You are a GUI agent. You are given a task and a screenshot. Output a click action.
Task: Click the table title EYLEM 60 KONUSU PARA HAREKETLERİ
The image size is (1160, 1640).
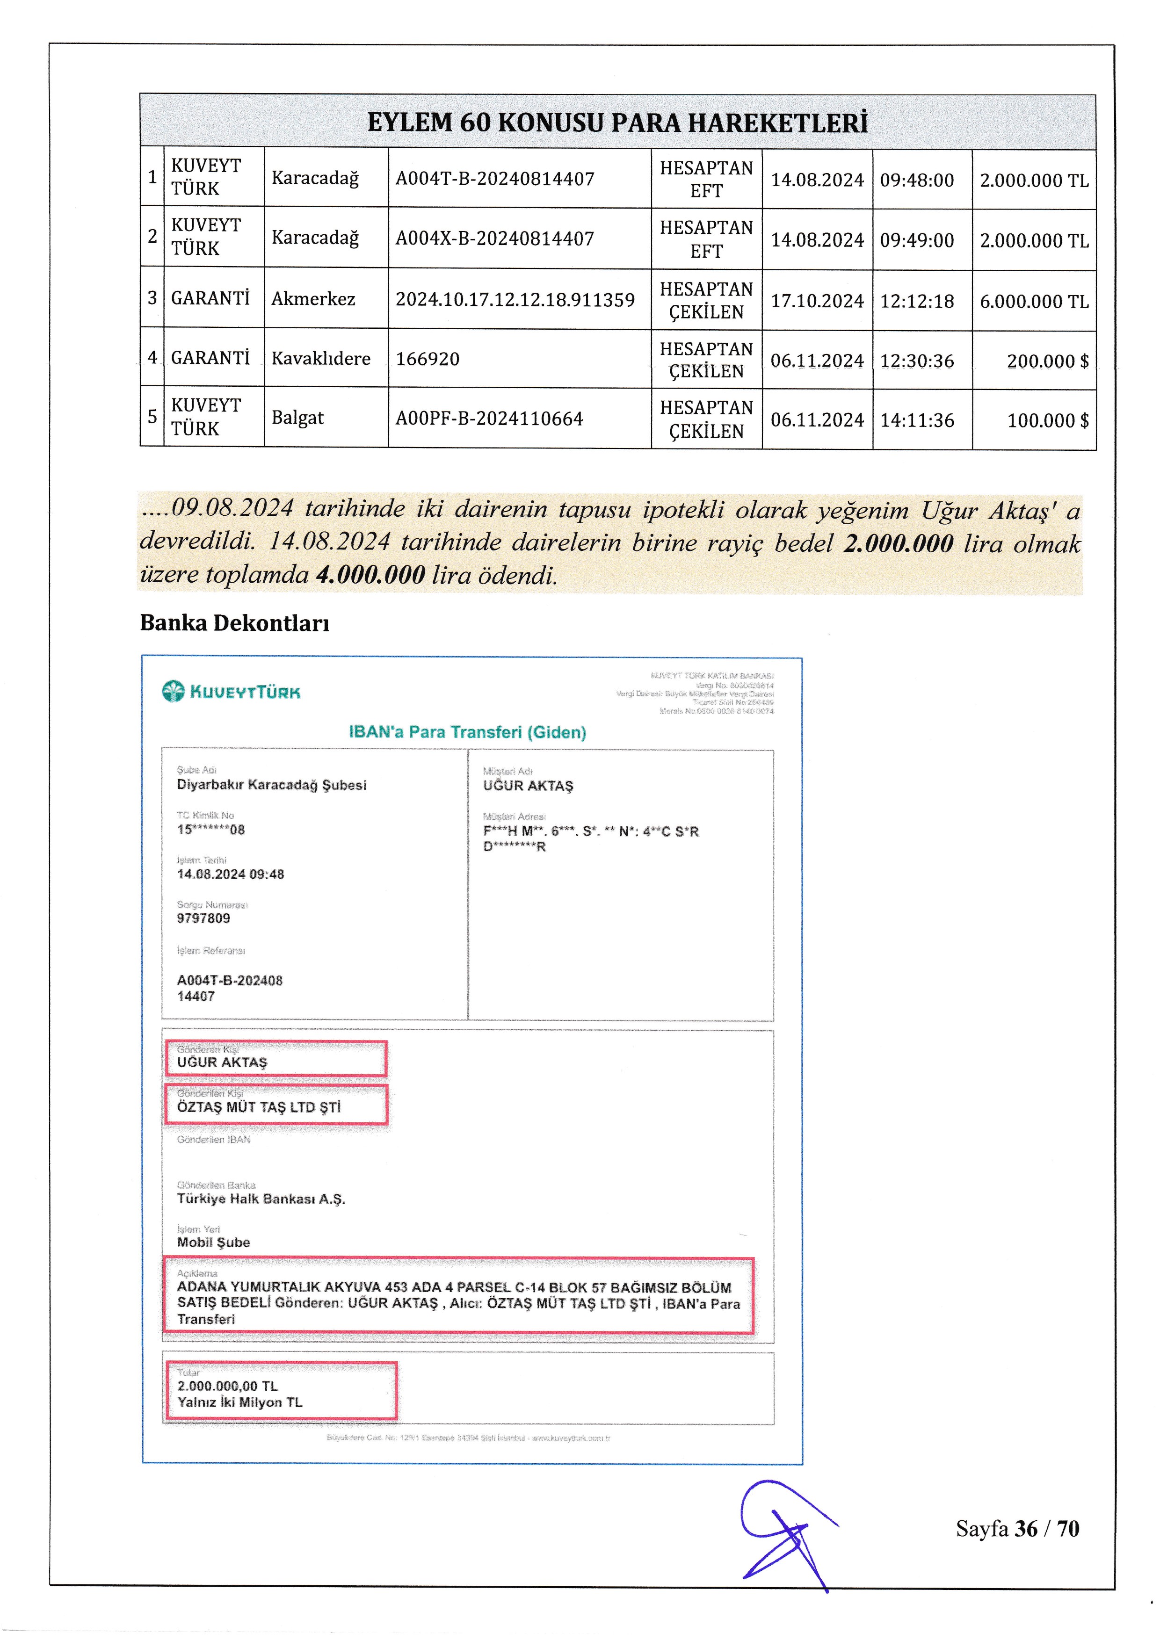(x=617, y=123)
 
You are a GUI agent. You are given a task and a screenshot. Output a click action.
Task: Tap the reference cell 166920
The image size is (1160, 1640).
(x=428, y=359)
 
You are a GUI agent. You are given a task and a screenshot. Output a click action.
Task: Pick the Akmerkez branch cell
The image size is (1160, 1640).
(x=313, y=299)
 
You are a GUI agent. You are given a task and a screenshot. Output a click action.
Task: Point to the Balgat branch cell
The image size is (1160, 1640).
(x=298, y=418)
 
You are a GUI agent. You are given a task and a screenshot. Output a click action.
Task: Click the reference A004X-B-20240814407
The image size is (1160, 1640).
(x=495, y=238)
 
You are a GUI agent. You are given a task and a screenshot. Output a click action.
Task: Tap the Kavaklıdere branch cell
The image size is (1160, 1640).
(x=321, y=359)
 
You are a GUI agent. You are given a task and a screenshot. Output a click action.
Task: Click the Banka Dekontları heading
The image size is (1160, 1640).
(x=234, y=623)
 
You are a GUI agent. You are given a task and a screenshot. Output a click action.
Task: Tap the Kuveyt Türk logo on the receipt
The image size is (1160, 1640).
(x=232, y=692)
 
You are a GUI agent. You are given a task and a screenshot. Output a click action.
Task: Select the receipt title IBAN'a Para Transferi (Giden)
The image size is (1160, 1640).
(x=467, y=732)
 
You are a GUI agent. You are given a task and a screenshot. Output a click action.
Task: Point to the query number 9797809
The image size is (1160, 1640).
(x=203, y=918)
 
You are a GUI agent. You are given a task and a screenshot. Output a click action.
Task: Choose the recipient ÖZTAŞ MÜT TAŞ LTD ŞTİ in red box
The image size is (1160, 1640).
(x=259, y=1107)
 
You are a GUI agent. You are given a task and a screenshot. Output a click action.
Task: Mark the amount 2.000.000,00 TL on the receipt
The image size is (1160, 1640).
(x=227, y=1386)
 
